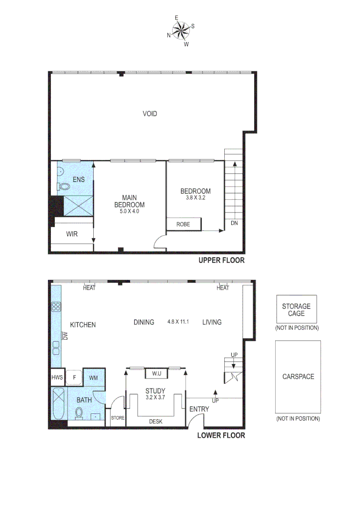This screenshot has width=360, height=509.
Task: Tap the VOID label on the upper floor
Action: [x=150, y=114]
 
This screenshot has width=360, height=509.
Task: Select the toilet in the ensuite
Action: [x=61, y=187]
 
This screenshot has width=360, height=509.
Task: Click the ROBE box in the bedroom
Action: [x=184, y=224]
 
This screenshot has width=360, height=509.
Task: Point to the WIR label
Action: [x=72, y=234]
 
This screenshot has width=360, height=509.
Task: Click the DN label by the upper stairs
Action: [x=234, y=223]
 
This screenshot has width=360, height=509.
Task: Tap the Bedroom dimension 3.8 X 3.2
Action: [x=196, y=198]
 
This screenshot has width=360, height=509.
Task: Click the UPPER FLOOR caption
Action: [x=221, y=260]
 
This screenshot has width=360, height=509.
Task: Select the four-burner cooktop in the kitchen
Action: [x=56, y=307]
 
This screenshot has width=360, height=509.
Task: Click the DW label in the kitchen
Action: [x=65, y=336]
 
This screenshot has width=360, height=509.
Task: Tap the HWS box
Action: [x=57, y=377]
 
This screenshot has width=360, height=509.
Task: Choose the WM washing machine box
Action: [x=93, y=378]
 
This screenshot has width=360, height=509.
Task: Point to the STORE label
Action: [x=117, y=418]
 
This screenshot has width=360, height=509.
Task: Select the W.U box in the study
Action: [x=156, y=374]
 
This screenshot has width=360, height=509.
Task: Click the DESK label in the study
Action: [x=156, y=421]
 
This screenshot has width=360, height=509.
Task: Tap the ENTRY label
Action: [x=199, y=409]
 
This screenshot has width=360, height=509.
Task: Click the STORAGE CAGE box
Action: [x=296, y=310]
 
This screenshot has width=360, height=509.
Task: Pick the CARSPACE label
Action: [x=298, y=377]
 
